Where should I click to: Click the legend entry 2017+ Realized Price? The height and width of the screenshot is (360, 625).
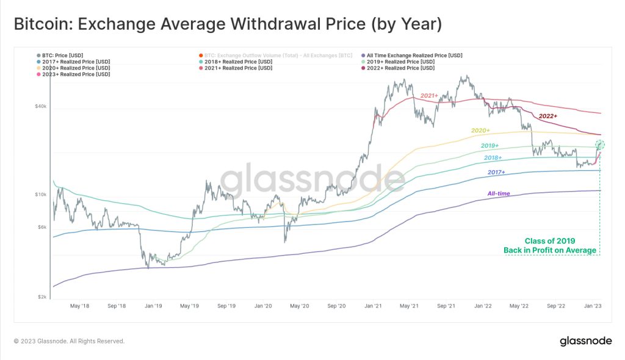pos(76,62)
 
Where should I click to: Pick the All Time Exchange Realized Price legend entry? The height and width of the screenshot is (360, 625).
pos(414,55)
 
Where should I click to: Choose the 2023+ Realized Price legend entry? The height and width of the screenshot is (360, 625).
pos(76,74)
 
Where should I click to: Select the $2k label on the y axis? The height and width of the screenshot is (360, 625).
pos(41,297)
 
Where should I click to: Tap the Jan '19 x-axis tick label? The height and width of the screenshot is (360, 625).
pos(153,305)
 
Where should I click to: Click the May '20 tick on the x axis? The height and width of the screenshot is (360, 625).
pos(300,305)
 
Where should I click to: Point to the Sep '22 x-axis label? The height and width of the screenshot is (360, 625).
pos(557,305)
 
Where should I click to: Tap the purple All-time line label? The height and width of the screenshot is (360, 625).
pos(498,193)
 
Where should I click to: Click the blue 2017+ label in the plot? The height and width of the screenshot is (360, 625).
pos(496,173)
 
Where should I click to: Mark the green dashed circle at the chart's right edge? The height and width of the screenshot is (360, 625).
pos(600,145)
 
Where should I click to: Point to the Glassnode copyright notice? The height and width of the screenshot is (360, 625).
pos(69,341)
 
